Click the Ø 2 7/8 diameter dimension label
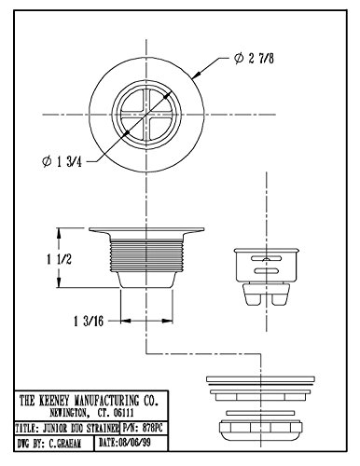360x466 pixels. (254, 59)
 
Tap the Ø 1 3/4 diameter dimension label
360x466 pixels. (62, 162)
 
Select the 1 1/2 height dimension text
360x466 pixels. (59, 259)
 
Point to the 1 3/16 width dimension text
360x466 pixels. (89, 321)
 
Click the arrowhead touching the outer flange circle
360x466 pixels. (197, 75)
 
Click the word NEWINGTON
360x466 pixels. (68, 413)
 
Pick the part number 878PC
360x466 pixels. (152, 429)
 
